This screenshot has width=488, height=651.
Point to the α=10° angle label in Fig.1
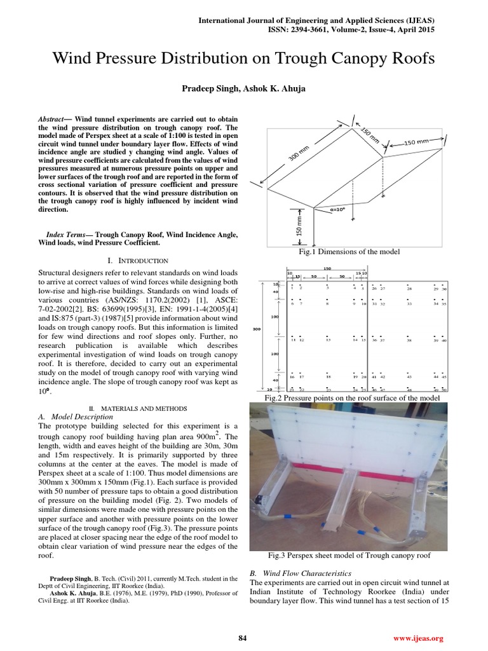click(x=338, y=208)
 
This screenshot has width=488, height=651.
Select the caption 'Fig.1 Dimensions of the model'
click(x=349, y=252)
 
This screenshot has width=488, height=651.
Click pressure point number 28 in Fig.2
click(x=409, y=289)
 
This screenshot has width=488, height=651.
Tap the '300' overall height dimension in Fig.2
click(x=257, y=329)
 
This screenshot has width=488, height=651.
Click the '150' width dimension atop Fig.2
click(x=327, y=268)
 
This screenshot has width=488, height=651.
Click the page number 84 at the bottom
click(x=243, y=638)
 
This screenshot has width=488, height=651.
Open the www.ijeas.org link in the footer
click(x=418, y=638)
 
